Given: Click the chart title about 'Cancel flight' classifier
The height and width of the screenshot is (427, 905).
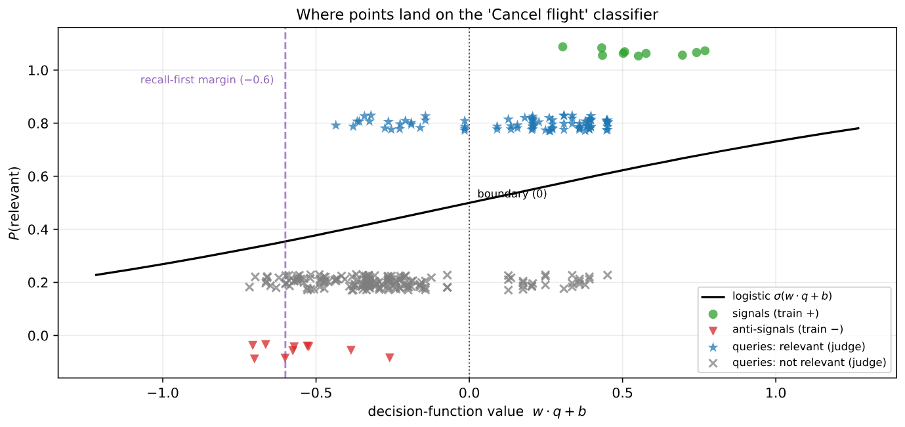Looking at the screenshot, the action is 477,14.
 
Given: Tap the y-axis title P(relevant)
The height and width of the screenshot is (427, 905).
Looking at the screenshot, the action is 14,203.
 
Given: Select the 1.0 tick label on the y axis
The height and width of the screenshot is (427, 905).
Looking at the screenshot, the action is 37,70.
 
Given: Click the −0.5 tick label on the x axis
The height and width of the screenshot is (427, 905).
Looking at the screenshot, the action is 316,393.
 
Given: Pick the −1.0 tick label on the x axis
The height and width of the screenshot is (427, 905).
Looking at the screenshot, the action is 162,393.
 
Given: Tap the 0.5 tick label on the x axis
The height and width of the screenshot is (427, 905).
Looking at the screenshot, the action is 622,393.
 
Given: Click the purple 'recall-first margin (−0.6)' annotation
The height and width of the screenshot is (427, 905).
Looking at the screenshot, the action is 207,80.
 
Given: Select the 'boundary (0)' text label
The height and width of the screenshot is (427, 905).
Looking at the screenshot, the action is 512,194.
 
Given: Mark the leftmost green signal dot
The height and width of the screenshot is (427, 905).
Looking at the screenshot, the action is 562,47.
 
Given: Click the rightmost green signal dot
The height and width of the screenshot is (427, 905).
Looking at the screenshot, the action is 705,51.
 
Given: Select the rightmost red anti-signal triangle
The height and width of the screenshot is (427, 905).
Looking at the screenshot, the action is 389,357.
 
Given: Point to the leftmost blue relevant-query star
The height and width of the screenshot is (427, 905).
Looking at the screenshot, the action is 335,125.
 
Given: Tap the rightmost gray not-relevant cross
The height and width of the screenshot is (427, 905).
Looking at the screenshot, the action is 607,275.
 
